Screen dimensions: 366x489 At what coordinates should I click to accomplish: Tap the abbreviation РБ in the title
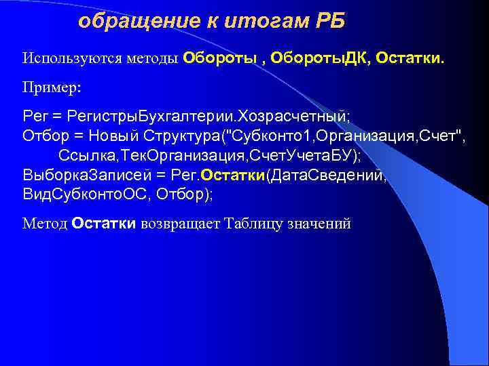pyautogui.click(x=330, y=22)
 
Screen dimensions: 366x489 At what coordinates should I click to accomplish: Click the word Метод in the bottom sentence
pyautogui.click(x=45, y=224)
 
